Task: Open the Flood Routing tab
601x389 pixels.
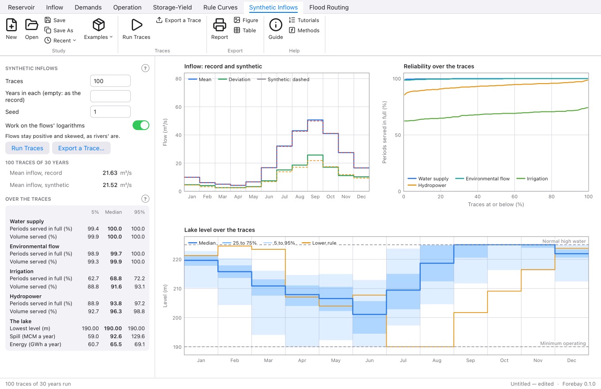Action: [x=329, y=7]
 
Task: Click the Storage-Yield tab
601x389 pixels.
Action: [x=172, y=7]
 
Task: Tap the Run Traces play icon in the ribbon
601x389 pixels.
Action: [x=136, y=25]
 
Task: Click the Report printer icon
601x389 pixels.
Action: [x=220, y=25]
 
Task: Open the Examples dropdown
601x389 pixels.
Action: [x=99, y=29]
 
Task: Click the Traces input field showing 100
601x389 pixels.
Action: [x=110, y=81]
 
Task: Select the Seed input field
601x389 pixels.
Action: [x=110, y=112]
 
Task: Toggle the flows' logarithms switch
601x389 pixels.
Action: [x=141, y=126]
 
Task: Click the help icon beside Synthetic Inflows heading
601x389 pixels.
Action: [x=145, y=68]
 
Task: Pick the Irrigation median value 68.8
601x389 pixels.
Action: [x=116, y=278]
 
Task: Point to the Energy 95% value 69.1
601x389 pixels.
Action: [x=140, y=344]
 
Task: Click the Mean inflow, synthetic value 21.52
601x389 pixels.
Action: [x=110, y=185]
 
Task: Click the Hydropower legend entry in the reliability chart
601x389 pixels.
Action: [x=427, y=185]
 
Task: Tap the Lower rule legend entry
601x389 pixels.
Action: [x=319, y=243]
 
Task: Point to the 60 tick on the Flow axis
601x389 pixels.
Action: [x=178, y=107]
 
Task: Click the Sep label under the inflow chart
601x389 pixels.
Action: [x=315, y=197]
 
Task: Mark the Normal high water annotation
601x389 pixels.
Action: [x=564, y=241]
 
